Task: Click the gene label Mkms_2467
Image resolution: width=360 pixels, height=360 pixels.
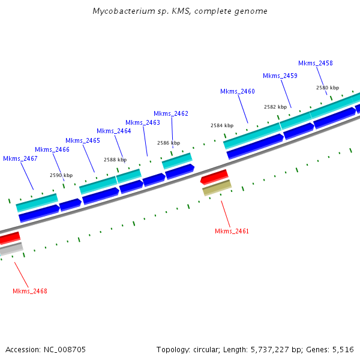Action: tap(20, 158)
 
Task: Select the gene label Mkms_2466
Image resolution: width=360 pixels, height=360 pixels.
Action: tap(52, 149)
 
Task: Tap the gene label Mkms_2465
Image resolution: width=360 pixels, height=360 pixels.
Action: tap(83, 140)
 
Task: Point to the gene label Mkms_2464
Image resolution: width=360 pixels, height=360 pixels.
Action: tap(113, 131)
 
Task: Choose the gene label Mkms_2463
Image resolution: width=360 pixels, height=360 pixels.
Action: tap(143, 122)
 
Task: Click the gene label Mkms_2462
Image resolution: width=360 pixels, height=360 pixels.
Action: tap(171, 113)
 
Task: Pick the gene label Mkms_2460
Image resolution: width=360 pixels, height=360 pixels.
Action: tap(238, 91)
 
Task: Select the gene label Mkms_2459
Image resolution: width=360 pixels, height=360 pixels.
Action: tap(280, 76)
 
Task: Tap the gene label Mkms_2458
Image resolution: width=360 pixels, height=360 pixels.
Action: tap(316, 63)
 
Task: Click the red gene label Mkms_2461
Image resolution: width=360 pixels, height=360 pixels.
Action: tap(232, 231)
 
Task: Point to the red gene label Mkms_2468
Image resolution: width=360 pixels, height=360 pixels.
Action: tap(30, 291)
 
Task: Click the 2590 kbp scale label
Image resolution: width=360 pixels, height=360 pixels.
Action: tap(61, 175)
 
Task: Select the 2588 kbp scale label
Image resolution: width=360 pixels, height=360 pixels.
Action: tap(115, 160)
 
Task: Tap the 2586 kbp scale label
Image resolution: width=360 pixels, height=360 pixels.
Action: tap(169, 143)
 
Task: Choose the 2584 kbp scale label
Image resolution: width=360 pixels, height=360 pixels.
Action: tap(222, 125)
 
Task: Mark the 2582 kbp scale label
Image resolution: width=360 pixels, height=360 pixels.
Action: tap(275, 107)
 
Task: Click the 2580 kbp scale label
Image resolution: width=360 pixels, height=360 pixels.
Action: tap(328, 88)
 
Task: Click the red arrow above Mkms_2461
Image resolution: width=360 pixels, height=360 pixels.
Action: tap(214, 176)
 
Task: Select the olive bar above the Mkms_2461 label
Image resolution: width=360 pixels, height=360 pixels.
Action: tap(217, 188)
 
